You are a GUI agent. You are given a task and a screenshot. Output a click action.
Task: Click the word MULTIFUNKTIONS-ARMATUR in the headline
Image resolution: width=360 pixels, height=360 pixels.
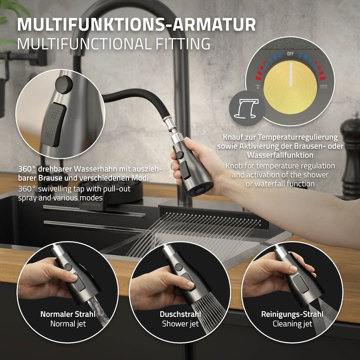coord(136,24)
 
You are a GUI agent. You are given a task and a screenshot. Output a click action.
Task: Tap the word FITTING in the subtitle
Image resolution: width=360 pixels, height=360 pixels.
coord(183,44)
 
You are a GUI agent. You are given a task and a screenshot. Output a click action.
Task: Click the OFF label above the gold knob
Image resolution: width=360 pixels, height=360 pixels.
coord(290,54)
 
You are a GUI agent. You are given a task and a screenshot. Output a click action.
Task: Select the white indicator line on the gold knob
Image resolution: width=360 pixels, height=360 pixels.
coord(291,74)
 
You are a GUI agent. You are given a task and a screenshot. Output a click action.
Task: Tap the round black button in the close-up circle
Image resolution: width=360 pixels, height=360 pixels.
coord(63,85)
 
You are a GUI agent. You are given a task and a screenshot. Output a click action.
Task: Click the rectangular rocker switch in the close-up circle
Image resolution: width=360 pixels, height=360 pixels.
coord(54,125)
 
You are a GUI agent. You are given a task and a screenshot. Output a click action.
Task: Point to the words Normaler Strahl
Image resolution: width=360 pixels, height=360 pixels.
coord(68,314)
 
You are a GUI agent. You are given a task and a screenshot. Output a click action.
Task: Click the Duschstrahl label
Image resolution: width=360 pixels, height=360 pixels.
coord(180,314)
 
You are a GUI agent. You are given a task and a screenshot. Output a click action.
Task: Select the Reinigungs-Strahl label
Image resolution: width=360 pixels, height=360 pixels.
coord(292,314)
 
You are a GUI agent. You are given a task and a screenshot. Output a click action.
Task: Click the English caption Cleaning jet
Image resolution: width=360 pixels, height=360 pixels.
coord(292,324)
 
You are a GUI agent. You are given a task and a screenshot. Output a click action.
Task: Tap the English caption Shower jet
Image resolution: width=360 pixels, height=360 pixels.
coord(180,324)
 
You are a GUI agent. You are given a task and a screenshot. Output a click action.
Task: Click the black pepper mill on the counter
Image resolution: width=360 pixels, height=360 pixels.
coord(350,156)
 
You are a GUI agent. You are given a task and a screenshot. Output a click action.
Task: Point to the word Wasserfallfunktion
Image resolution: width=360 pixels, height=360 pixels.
coord(280,155)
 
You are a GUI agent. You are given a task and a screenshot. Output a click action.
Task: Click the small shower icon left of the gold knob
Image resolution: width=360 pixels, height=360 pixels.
coord(258,87)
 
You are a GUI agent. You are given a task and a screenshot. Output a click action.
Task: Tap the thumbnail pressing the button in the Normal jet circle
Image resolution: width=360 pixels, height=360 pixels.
coord(74,277)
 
